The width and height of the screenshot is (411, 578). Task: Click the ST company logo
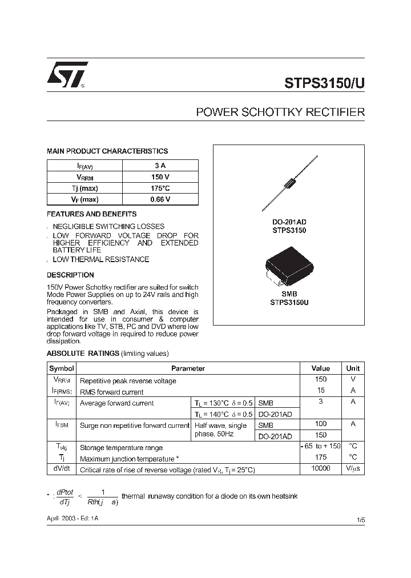(67, 75)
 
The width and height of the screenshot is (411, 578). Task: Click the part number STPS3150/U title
(324, 82)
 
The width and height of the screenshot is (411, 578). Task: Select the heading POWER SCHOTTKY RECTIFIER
(280, 113)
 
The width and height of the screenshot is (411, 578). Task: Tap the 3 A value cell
(160, 166)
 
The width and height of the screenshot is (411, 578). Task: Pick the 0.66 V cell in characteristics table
(160, 199)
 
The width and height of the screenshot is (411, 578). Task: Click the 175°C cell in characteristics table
(160, 188)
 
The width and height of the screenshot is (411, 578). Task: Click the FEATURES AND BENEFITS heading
(91, 214)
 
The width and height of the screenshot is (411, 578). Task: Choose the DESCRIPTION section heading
(70, 275)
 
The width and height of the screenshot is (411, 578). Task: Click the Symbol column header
(61, 368)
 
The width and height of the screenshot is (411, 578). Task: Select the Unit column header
(353, 368)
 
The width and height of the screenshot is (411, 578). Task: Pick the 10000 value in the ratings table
(321, 468)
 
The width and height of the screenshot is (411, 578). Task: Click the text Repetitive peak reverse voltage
(128, 380)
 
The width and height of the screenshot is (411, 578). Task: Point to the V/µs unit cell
(353, 468)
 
